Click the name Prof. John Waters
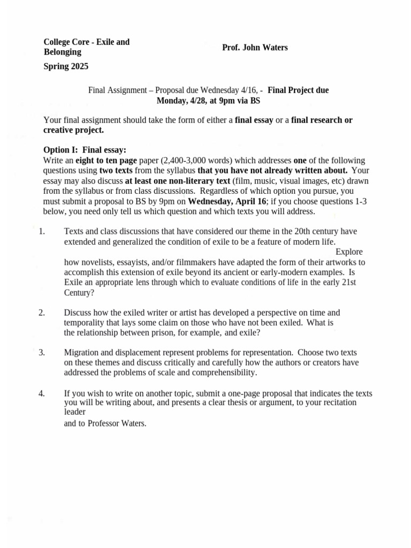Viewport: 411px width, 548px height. point(255,48)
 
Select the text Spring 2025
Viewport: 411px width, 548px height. point(66,67)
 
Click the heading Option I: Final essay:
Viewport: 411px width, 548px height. point(85,150)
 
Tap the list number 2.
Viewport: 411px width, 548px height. point(42,313)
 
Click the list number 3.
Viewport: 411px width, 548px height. point(42,353)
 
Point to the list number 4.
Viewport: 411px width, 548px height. point(42,393)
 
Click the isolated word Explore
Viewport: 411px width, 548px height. point(349,252)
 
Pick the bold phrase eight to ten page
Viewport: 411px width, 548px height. point(106,161)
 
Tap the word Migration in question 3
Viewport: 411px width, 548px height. point(82,353)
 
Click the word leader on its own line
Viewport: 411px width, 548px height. point(75,412)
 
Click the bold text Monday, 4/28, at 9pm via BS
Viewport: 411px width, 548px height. point(208,101)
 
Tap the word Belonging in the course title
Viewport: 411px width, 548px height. point(62,52)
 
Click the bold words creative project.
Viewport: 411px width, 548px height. point(73,130)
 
